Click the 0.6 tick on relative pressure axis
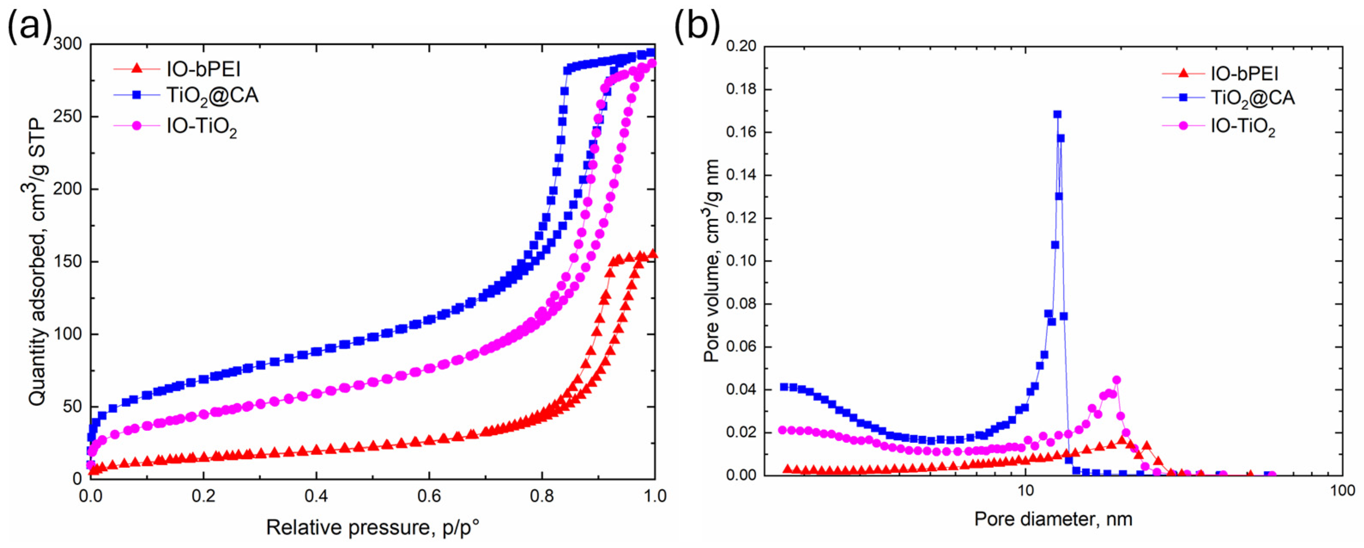pos(429,496)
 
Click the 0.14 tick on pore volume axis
pos(741,175)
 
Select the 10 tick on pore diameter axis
pos(1026,491)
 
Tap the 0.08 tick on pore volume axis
pos(741,304)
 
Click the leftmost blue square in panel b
pos(784,387)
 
